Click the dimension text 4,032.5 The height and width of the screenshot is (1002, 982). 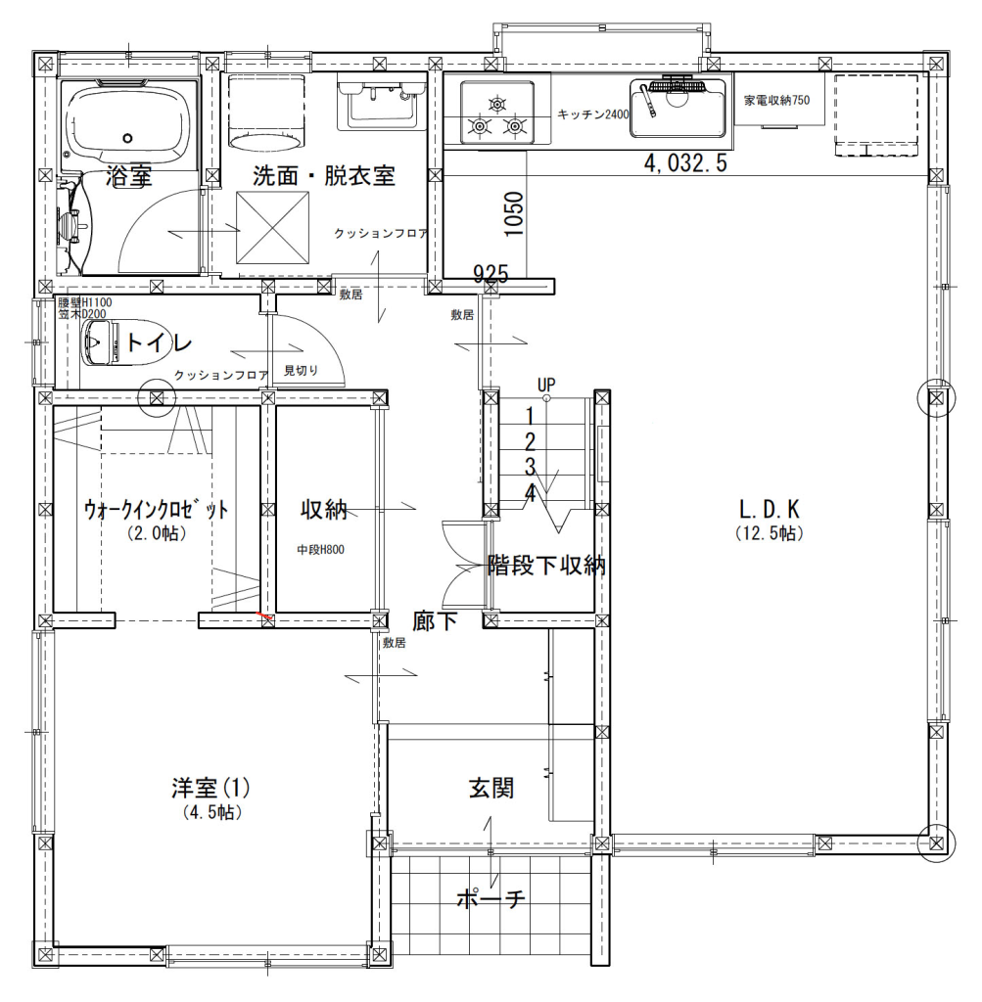tap(684, 163)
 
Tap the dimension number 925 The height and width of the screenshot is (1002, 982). tap(491, 274)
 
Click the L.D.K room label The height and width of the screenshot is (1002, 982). tap(770, 509)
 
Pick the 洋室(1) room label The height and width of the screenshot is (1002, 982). tap(211, 788)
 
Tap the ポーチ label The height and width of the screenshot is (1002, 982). tap(491, 898)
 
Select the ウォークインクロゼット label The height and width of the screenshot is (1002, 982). tap(156, 510)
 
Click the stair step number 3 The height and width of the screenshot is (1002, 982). tap(529, 466)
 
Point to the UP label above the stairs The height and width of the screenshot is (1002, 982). tap(546, 384)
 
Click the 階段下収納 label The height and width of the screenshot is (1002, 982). tap(545, 566)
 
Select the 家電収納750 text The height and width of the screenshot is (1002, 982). tap(776, 100)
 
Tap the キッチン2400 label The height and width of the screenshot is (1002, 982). tap(592, 114)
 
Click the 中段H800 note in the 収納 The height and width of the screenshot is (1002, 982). tap(320, 550)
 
